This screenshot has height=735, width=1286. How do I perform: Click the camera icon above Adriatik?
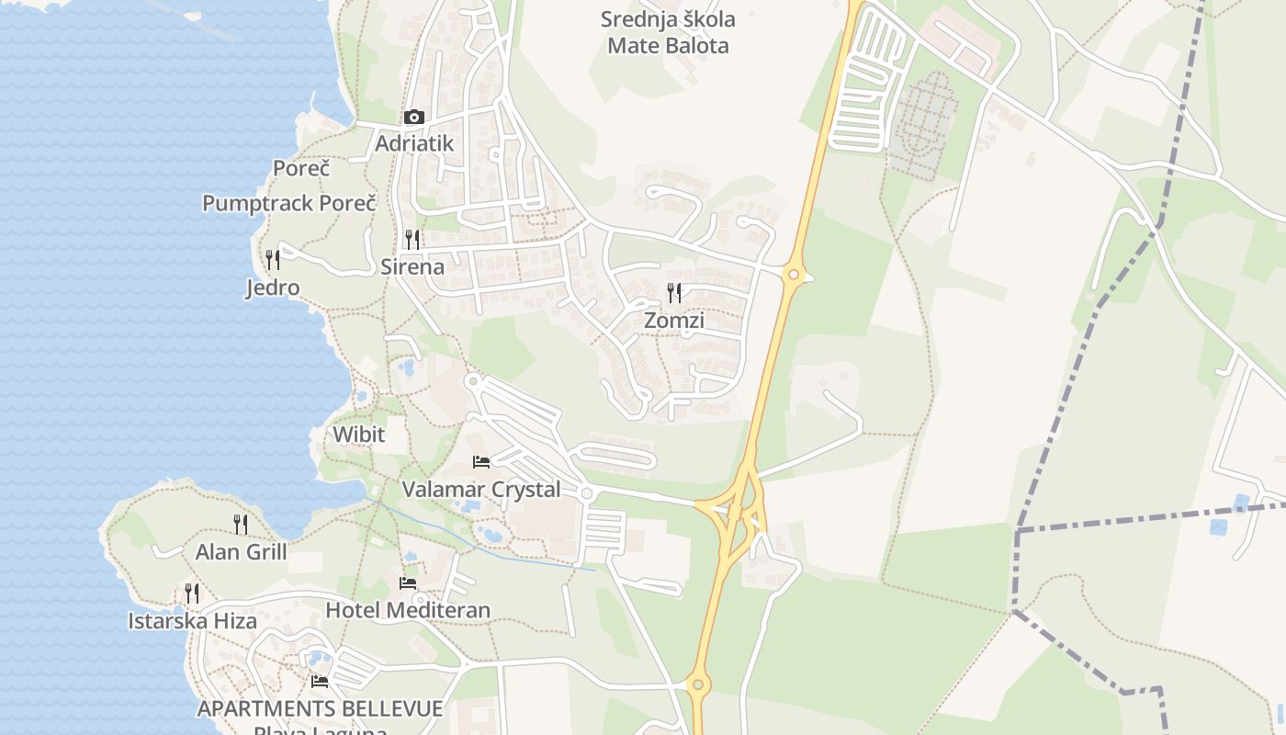click(413, 117)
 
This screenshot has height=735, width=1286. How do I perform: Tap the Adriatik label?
click(414, 143)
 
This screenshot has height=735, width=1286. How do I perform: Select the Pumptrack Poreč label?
click(289, 203)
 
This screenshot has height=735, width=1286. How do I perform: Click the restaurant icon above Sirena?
click(412, 240)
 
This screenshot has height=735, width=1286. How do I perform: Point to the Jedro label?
click(273, 288)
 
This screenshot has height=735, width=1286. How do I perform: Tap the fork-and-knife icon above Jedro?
click(272, 260)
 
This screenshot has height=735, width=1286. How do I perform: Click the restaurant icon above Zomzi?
click(674, 293)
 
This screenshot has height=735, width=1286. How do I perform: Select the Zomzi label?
click(674, 321)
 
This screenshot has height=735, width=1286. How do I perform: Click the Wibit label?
click(358, 434)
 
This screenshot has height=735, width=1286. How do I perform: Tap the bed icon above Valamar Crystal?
click(481, 461)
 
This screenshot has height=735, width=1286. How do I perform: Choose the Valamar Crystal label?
click(481, 489)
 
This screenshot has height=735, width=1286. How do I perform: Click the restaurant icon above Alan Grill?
click(241, 525)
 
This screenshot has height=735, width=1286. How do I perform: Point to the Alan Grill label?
click(241, 552)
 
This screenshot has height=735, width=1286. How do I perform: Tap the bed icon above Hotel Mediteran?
click(408, 582)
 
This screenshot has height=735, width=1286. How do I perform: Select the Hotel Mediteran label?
click(408, 610)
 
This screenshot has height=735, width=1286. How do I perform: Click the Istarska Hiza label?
click(192, 621)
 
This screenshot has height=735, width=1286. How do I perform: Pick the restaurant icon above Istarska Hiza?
click(192, 594)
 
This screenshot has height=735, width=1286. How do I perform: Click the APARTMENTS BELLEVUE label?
click(320, 709)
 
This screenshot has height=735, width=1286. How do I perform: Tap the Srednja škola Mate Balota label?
click(668, 32)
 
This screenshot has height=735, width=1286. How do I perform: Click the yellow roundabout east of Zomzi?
click(795, 274)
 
